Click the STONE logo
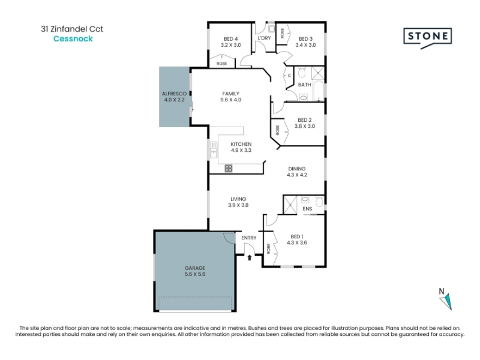[428, 38]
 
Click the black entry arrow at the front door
[250, 257]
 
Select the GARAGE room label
[195, 268]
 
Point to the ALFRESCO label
[174, 94]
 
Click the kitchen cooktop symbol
[229, 168]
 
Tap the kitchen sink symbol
[214, 149]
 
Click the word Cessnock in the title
[73, 38]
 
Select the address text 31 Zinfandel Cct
[72, 29]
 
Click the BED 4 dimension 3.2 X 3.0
[231, 45]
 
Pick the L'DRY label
[264, 38]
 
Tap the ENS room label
[307, 209]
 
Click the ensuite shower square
[290, 205]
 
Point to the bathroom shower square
[318, 73]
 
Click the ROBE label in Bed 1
[268, 248]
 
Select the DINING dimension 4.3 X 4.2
[297, 175]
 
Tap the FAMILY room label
[231, 94]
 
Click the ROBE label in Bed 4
[221, 64]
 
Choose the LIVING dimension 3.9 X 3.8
[238, 205]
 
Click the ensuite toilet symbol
[319, 201]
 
